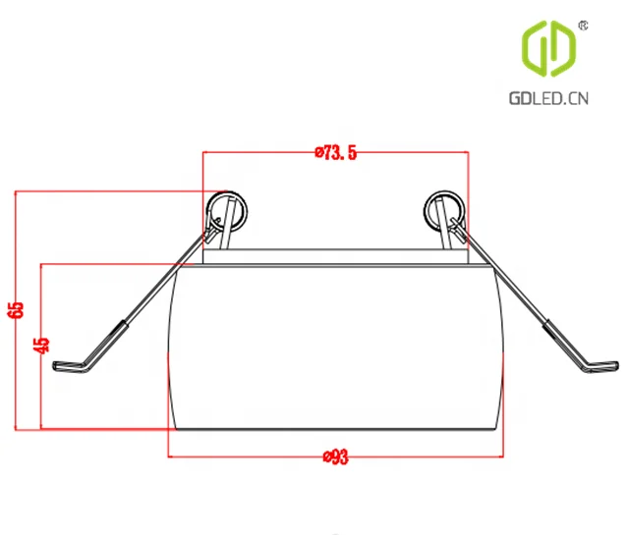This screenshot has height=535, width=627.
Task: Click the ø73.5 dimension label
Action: click(335, 152)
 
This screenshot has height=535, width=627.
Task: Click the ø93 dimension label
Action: click(335, 456)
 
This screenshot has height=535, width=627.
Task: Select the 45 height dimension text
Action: click(40, 346)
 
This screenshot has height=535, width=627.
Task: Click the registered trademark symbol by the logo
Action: click(583, 24)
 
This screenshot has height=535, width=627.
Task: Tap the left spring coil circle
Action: click(228, 210)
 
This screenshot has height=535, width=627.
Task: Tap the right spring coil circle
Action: click(443, 210)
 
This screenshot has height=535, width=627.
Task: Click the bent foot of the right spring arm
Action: click(601, 367)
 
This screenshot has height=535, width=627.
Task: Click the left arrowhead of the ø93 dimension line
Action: click(174, 456)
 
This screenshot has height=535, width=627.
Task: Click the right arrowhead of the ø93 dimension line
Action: click(498, 456)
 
